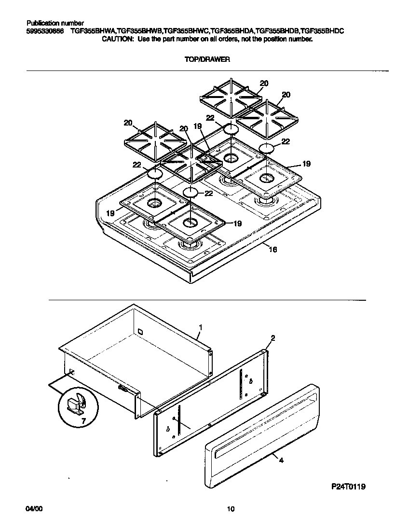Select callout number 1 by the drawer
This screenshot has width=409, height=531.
coord(201,327)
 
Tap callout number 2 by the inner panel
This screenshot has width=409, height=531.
coord(273,338)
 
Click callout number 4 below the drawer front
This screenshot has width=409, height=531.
coord(281,461)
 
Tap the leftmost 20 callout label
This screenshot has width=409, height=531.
coord(128,123)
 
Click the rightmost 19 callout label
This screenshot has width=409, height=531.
coord(305,164)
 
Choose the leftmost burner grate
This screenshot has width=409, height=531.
coord(155,143)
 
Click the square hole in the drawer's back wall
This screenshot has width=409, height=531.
coord(140,332)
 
